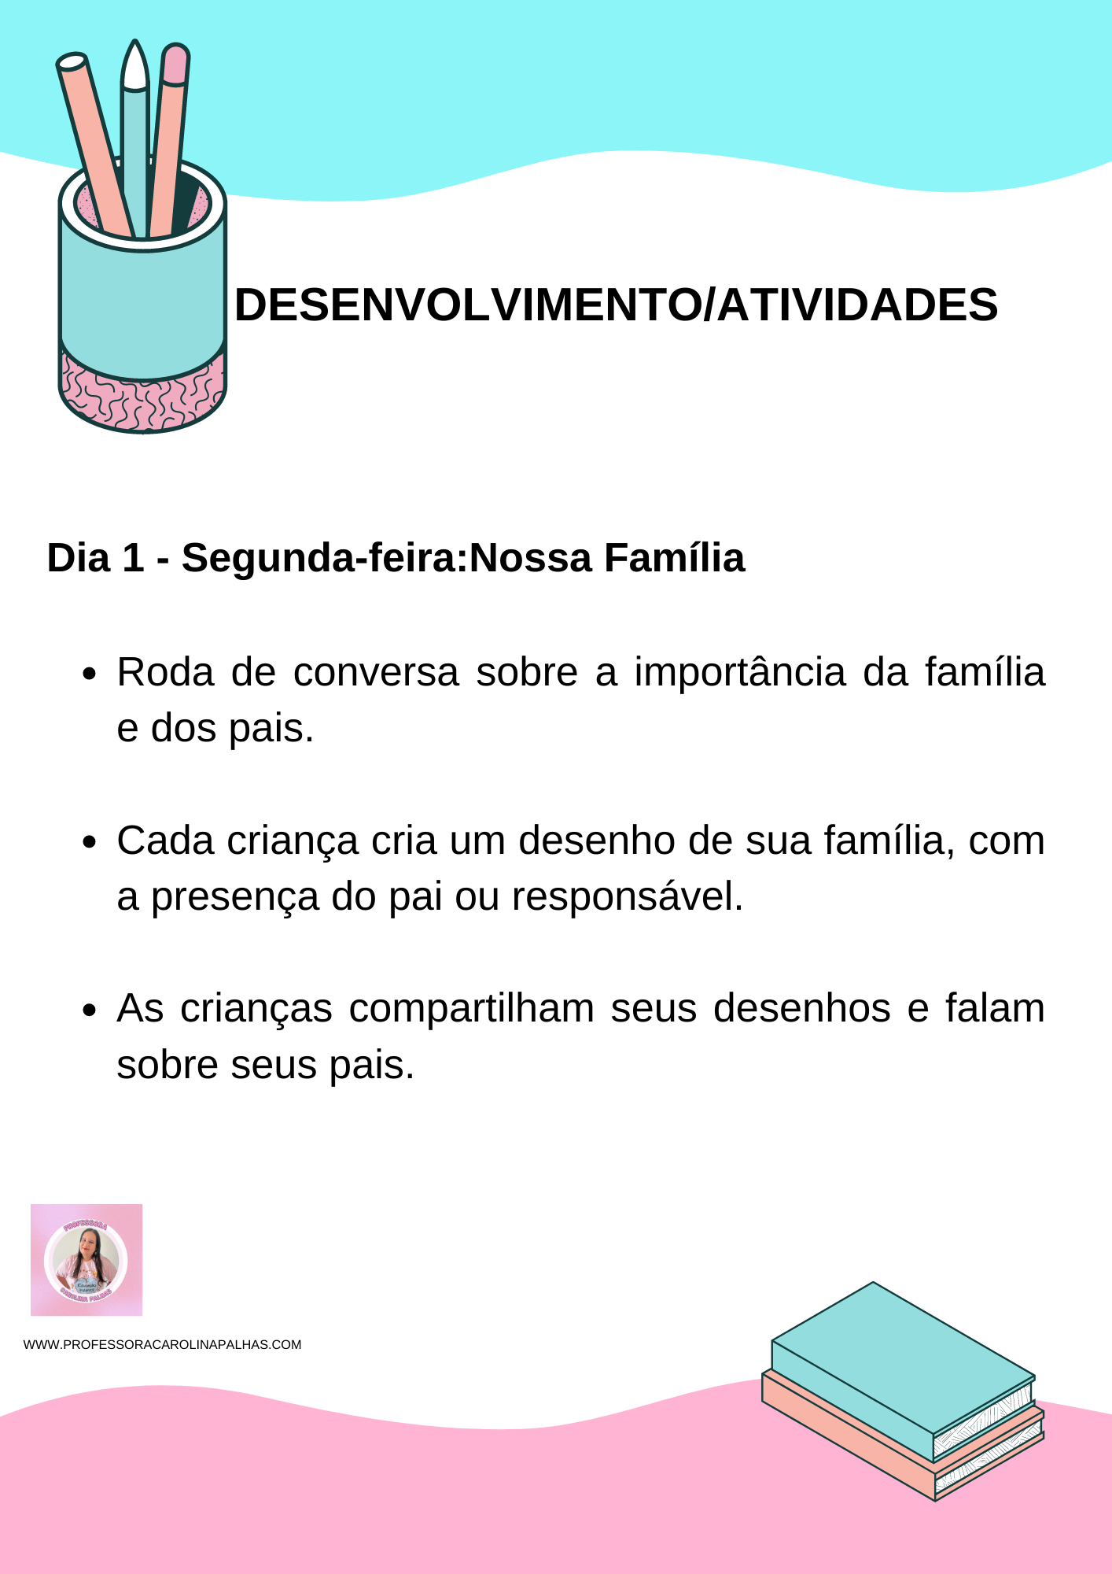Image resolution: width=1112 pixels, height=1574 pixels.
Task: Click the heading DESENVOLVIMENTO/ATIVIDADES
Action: point(616,305)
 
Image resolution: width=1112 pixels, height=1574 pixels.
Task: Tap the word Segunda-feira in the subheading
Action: point(324,558)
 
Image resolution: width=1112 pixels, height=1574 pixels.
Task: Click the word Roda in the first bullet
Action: point(165,673)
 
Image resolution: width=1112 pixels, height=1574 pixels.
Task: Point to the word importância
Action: point(740,673)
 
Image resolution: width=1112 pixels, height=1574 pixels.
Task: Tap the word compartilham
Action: point(471,1009)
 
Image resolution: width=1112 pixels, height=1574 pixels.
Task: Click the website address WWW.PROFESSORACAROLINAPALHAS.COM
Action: point(163,1344)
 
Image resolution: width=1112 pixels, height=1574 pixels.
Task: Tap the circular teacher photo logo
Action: point(87,1260)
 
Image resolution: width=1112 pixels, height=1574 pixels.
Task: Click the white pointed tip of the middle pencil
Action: point(135,66)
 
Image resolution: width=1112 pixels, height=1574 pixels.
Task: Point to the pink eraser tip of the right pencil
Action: point(175,63)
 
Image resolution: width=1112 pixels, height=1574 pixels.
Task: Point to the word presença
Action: point(235,896)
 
